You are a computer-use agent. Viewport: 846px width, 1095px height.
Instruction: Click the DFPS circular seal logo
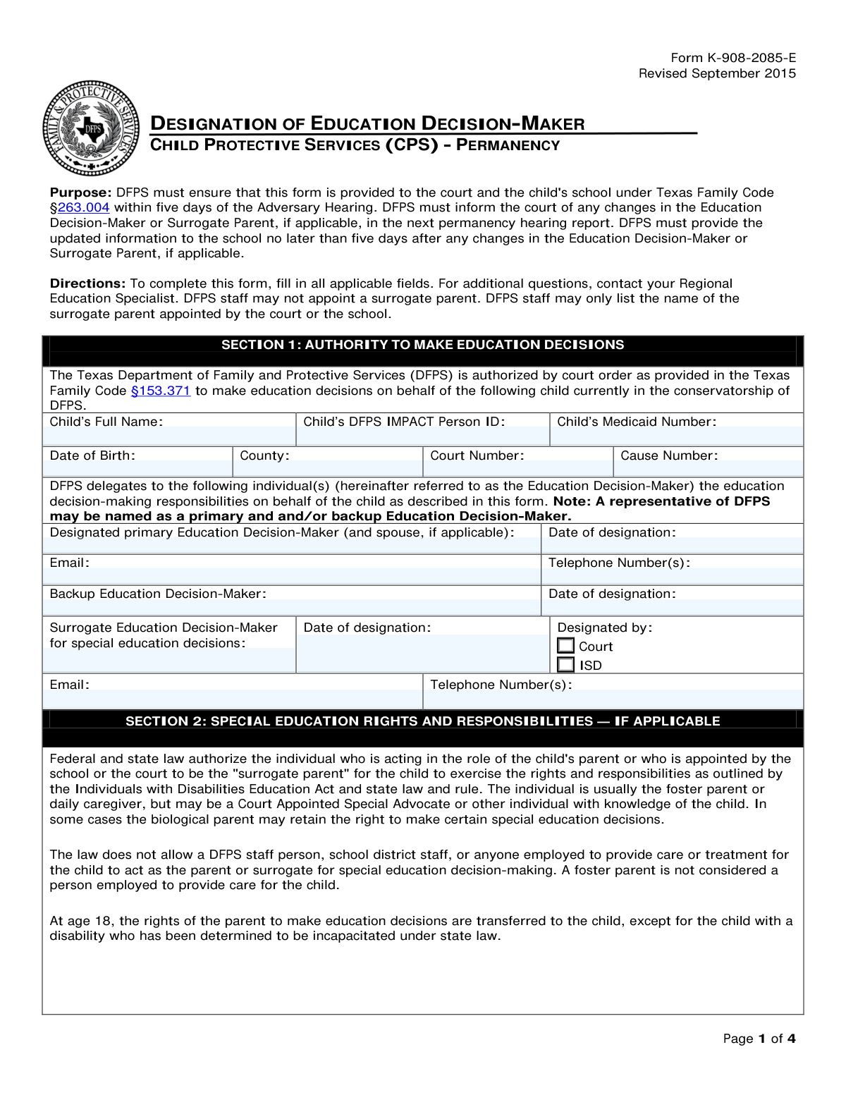pyautogui.click(x=91, y=128)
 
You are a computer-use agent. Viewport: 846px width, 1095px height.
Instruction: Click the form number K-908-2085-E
pyautogui.click(x=733, y=58)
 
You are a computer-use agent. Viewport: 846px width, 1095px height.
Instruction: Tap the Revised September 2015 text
pyautogui.click(x=717, y=73)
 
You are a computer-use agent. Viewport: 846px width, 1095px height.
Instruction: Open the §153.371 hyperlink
pyautogui.click(x=161, y=391)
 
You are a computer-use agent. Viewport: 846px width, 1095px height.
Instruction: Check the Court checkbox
pyautogui.click(x=565, y=646)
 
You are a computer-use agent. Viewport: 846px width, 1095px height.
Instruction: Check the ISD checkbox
pyautogui.click(x=565, y=665)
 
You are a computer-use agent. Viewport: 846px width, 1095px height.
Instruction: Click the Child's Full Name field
pyautogui.click(x=169, y=436)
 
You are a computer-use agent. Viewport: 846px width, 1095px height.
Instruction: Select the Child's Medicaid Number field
pyautogui.click(x=676, y=436)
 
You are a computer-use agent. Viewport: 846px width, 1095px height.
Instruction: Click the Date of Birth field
pyautogui.click(x=137, y=469)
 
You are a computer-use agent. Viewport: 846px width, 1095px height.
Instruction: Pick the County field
pyautogui.click(x=328, y=469)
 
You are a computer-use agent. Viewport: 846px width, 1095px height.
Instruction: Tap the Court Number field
pyautogui.click(x=518, y=469)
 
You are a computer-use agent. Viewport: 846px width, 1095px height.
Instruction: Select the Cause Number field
pyautogui.click(x=709, y=469)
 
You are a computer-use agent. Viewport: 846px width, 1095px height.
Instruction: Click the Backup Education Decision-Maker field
pyautogui.click(x=291, y=608)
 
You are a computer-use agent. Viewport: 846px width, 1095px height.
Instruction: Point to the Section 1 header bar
pyautogui.click(x=422, y=345)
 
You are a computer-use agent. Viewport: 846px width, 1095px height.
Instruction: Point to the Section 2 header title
pyautogui.click(x=422, y=721)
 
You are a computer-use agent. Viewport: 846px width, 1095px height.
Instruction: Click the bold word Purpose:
pyautogui.click(x=80, y=192)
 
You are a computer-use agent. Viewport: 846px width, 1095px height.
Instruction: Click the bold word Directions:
pyautogui.click(x=87, y=283)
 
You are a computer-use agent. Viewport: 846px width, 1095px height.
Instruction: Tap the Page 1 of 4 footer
pyautogui.click(x=759, y=1039)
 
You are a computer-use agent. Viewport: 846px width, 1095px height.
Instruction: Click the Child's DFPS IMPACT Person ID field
pyautogui.click(x=422, y=436)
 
